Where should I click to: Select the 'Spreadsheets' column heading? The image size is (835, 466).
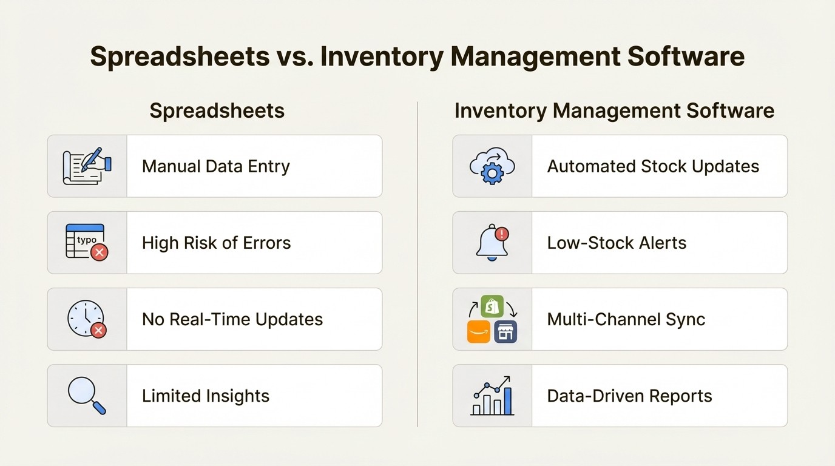point(217,110)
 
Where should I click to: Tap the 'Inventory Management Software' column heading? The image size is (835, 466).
point(614,110)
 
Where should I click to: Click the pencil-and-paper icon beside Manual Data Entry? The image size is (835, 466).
point(87,166)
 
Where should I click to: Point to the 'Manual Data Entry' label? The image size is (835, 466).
point(216,166)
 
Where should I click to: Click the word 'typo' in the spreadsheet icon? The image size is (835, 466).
point(87,240)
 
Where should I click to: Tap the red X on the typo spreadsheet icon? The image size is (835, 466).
point(99,252)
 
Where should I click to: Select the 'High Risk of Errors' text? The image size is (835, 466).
point(216,243)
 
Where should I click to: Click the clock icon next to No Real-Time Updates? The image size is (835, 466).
point(86,318)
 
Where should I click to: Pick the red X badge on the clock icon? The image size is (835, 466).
point(98,329)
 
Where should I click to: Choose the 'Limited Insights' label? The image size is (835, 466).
point(206,396)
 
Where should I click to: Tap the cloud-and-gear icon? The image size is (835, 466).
point(492,165)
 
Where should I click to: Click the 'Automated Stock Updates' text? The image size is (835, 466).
point(653,166)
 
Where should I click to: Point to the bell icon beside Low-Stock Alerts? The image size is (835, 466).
point(491,243)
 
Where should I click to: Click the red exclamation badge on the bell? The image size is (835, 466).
point(501,234)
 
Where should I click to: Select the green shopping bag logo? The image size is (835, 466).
point(492,306)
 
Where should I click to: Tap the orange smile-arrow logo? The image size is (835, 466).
point(478,332)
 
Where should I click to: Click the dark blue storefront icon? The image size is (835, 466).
point(505,332)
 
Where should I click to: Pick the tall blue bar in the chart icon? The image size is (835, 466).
point(507,401)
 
